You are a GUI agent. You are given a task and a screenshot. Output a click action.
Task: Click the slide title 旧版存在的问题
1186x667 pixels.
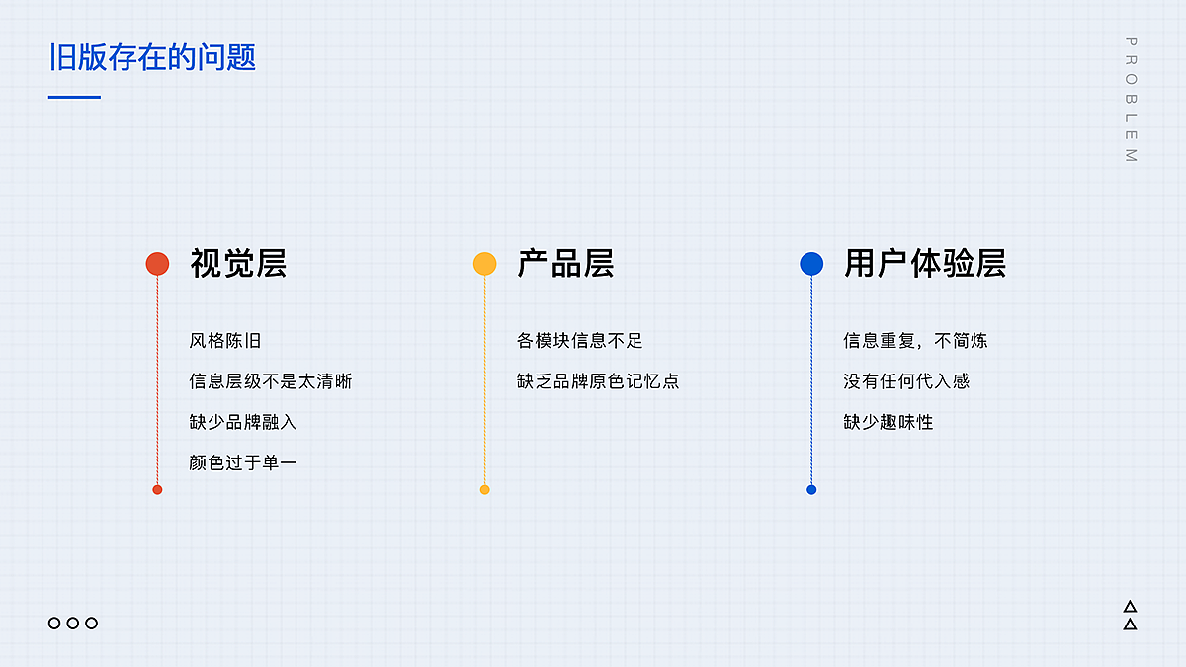click(x=152, y=57)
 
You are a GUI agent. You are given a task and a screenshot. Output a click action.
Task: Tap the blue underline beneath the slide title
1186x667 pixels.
click(x=75, y=97)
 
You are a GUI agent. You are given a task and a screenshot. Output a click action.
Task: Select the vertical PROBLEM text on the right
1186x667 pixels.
click(x=1131, y=99)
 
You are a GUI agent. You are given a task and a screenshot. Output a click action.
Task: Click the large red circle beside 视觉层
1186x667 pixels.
click(x=157, y=264)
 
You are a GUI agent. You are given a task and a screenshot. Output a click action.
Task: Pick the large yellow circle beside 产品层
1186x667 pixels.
click(x=484, y=264)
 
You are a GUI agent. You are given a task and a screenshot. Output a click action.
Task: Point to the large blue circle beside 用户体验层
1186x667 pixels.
click(x=811, y=264)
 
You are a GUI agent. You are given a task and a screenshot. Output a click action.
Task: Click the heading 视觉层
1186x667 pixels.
click(x=238, y=264)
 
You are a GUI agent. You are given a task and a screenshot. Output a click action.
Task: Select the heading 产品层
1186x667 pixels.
click(x=565, y=264)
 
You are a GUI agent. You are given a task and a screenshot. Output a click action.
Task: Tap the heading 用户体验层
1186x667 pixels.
click(x=924, y=264)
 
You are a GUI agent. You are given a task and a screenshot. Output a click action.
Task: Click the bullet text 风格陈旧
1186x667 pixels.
click(x=225, y=341)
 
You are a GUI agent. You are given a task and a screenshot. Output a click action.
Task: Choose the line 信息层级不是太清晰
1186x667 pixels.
click(x=270, y=381)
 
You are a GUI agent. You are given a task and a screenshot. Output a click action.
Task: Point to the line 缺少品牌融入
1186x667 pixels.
click(x=243, y=422)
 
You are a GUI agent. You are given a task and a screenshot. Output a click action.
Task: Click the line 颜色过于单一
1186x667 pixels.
click(x=243, y=462)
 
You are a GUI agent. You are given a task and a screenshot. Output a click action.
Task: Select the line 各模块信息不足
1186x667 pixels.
click(x=579, y=341)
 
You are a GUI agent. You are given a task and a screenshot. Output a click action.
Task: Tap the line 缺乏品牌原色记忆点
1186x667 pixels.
click(x=598, y=381)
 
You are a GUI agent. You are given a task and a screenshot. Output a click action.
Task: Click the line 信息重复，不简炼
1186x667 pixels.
click(x=915, y=341)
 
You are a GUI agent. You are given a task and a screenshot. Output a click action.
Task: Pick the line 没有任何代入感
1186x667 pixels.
click(x=906, y=381)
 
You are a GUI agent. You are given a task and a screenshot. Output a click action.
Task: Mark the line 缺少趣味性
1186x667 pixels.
click(x=888, y=422)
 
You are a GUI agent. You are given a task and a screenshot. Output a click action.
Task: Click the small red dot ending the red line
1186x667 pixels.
click(x=157, y=490)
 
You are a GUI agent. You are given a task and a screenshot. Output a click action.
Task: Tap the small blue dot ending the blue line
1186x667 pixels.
click(x=811, y=490)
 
